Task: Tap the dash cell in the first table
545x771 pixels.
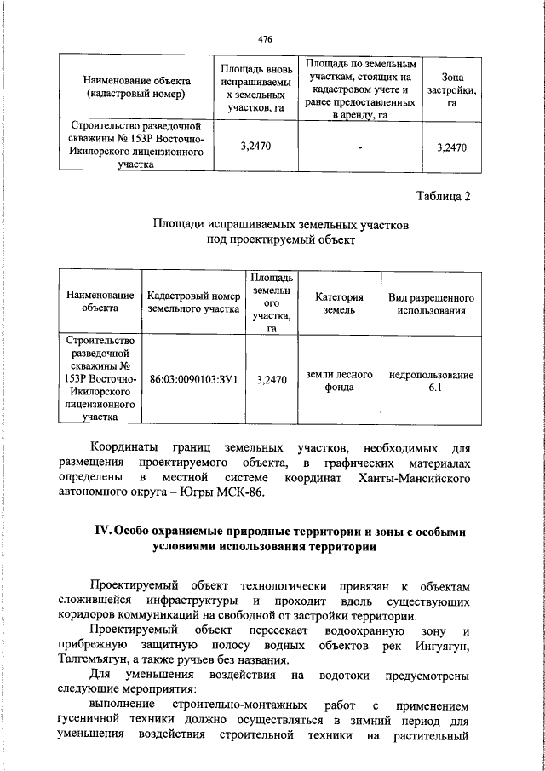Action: click(361, 147)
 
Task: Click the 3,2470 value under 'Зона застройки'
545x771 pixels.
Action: click(452, 147)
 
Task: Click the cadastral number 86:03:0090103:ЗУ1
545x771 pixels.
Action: click(192, 378)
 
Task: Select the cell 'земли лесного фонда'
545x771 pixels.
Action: click(339, 378)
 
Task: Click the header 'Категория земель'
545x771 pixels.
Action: click(339, 304)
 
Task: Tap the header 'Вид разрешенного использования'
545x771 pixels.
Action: click(431, 304)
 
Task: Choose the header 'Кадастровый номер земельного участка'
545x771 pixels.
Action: click(192, 304)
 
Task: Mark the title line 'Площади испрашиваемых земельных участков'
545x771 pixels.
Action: click(280, 226)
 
